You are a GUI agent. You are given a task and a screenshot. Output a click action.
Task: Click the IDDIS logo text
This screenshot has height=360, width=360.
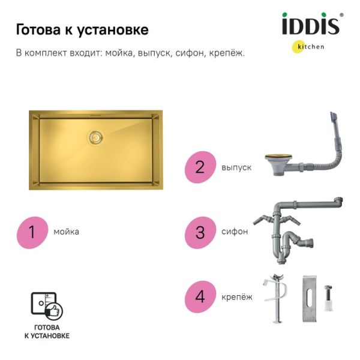coord(311,24)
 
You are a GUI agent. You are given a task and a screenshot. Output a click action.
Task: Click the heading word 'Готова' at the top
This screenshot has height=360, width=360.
coord(38,30)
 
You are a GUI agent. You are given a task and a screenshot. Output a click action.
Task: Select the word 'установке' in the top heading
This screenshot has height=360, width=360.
coord(112,31)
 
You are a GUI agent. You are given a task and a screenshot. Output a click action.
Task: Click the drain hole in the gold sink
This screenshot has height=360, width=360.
coord(96,138)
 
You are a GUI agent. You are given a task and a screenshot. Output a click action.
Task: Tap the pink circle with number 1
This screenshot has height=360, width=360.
coord(32,233)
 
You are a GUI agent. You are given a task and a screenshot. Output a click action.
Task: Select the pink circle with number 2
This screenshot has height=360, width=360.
coord(200,167)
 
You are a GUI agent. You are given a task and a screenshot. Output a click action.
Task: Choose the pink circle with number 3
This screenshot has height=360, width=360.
coord(200,233)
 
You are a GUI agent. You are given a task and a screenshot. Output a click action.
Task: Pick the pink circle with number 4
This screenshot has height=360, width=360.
coord(200,296)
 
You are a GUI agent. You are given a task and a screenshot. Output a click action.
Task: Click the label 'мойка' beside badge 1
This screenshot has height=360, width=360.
coord(67,232)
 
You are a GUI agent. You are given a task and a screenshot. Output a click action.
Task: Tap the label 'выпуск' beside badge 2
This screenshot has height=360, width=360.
coord(236,167)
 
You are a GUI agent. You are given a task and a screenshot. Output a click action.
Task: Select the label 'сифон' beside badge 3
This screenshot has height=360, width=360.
coord(235,232)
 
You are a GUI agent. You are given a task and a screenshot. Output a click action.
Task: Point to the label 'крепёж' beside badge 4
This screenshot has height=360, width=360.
coord(237,297)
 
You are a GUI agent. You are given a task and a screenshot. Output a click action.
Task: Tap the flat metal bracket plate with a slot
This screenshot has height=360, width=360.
coord(310,299)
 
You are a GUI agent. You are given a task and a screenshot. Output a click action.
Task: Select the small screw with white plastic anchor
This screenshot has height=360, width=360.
coord(328,298)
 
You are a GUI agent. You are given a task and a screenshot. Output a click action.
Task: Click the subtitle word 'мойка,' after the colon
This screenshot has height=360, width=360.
coord(120,53)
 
